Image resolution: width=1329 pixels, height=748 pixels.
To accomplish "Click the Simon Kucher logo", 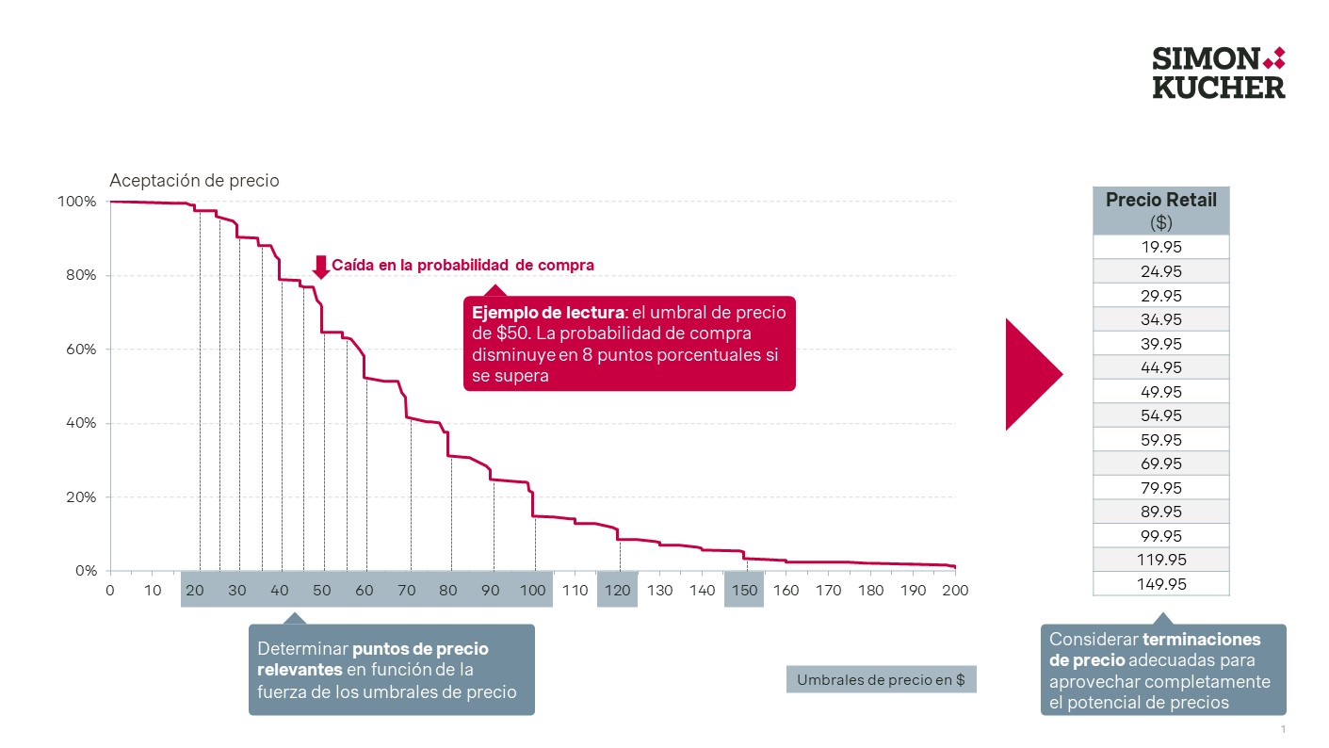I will point(1219,73).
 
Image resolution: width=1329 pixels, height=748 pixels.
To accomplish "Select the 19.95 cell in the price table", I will point(1160,247).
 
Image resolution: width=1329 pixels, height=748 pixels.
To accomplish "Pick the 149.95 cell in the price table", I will point(1160,584).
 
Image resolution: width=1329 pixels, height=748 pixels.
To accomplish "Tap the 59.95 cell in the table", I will point(1160,440).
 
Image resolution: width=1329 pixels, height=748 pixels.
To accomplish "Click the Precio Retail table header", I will point(1160,210).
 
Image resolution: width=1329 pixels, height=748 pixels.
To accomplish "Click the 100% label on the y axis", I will point(77,202).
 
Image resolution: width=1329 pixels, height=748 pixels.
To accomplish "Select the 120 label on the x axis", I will point(618,591).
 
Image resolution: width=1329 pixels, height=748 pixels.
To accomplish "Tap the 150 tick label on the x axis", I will point(744,591).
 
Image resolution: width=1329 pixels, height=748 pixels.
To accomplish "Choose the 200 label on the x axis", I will point(955,591).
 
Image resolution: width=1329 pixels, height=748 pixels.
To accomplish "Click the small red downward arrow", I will point(320,267).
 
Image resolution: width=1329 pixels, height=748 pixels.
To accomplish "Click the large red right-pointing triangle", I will point(1032,374).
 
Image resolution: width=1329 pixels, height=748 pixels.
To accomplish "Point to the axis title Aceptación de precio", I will point(194,181).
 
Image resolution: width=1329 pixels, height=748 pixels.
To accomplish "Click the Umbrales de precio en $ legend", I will point(881,680).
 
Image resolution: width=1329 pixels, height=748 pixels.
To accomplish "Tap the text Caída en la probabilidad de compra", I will point(462,266).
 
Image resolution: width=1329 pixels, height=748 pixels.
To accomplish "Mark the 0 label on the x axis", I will point(110,591).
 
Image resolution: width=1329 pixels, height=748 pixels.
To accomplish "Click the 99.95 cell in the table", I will point(1160,536).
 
